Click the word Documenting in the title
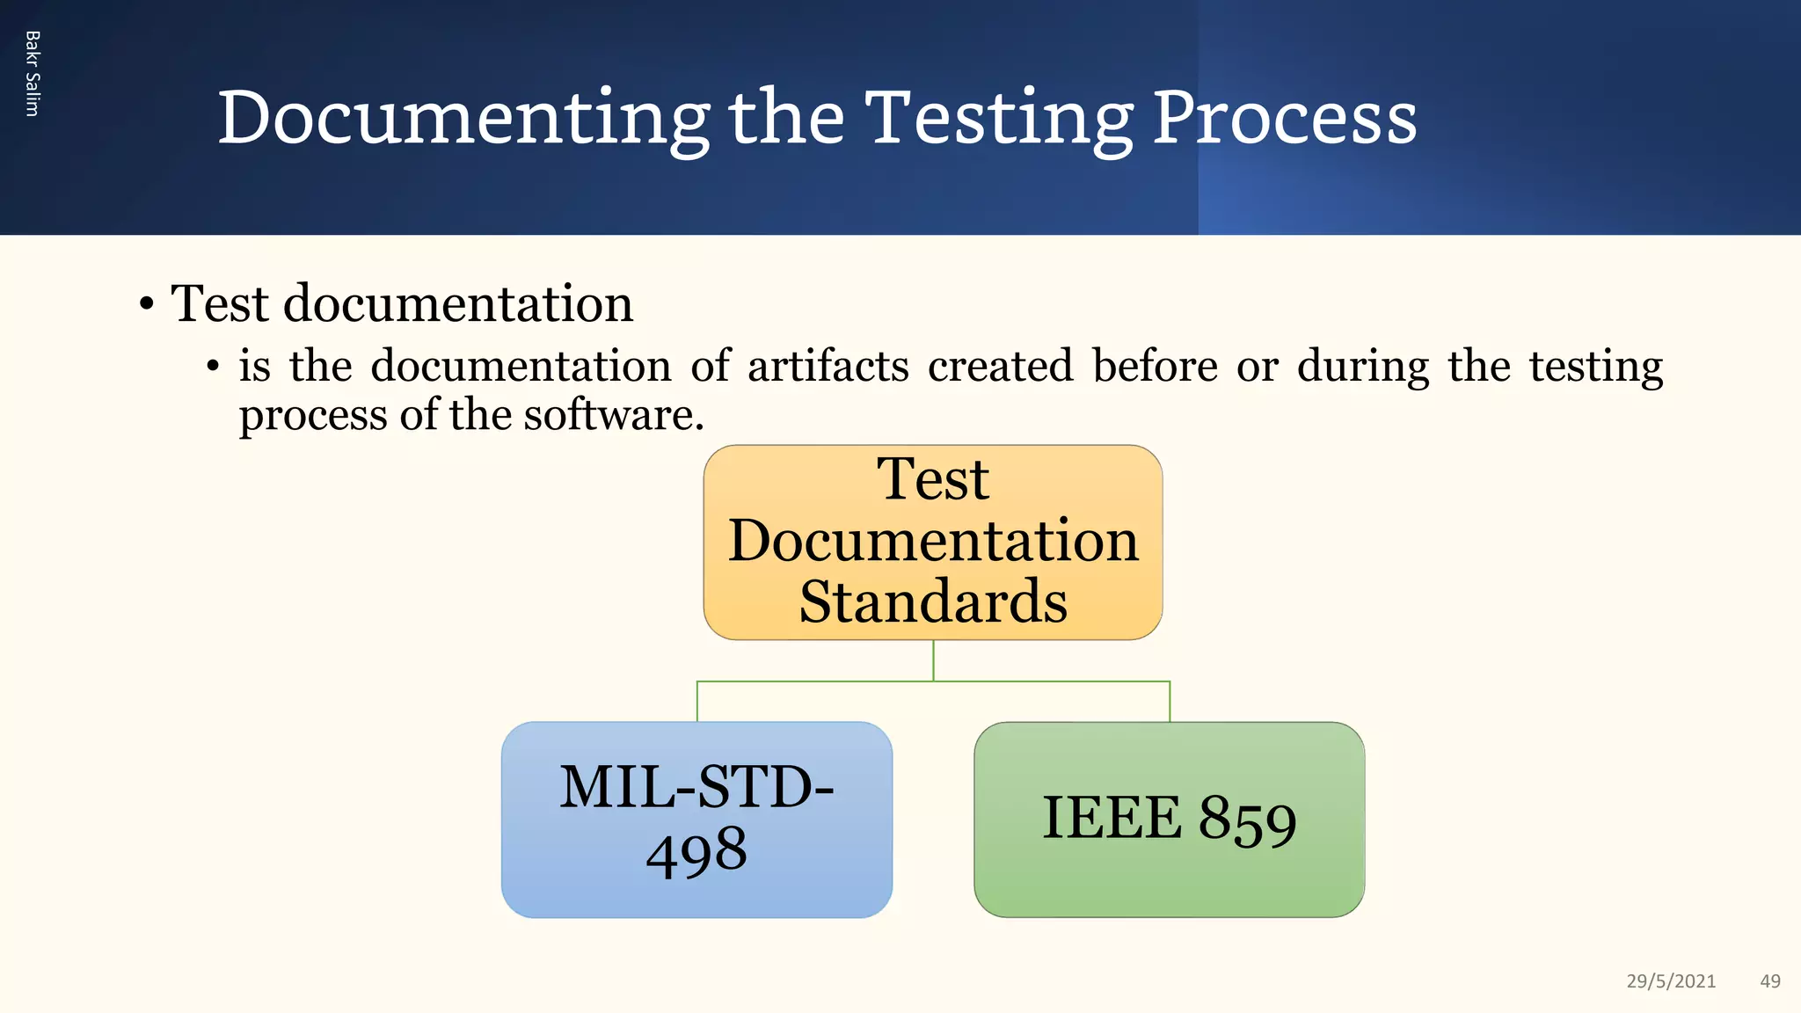pos(463,119)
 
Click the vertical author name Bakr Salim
pos(33,74)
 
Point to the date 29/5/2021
pos(1671,981)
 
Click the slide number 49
pos(1770,981)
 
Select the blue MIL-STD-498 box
pos(696,820)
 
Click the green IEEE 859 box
pos(1169,820)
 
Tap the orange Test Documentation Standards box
pos(933,542)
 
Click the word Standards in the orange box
pos(933,602)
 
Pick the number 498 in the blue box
pos(696,851)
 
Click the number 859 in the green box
pos(1248,820)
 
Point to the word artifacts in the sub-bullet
pos(828,366)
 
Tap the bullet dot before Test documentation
pos(147,306)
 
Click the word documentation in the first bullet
pos(458,304)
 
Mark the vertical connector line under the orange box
pos(933,660)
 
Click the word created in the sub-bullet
pos(1001,366)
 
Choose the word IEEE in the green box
pos(1112,819)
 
